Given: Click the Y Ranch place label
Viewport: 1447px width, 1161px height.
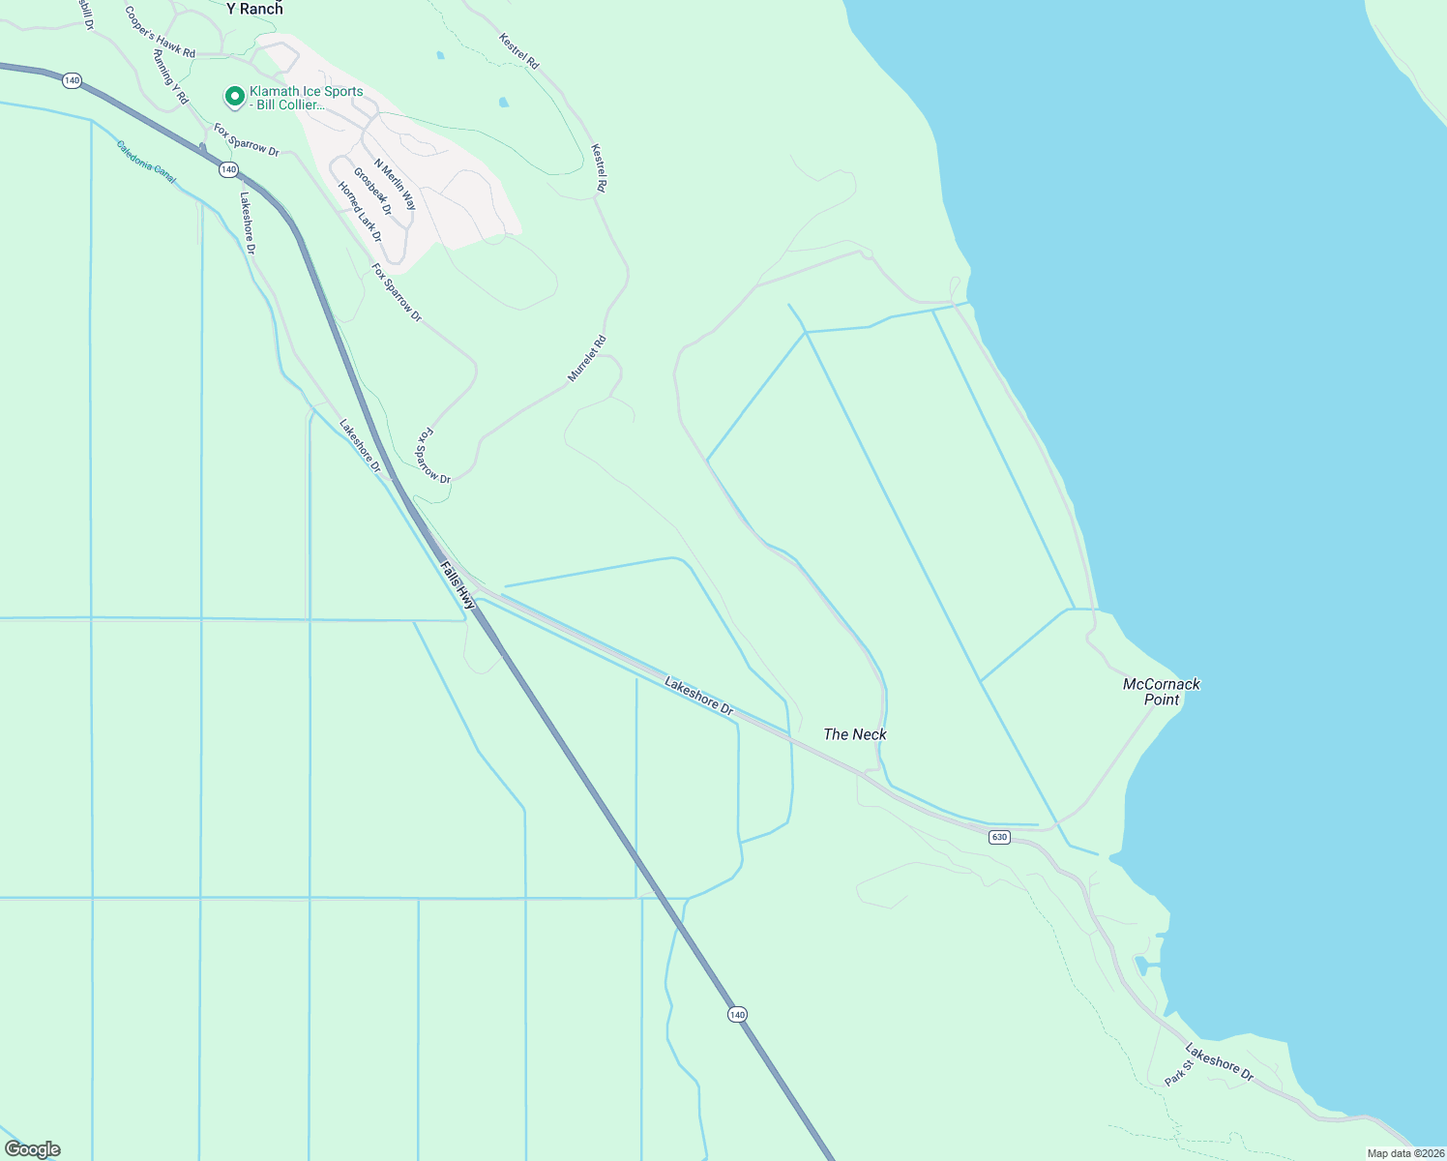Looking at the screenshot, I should (x=254, y=9).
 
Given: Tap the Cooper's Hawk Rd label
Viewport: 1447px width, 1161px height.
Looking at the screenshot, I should (x=160, y=32).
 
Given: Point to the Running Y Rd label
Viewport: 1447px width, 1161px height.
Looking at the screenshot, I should (x=170, y=77).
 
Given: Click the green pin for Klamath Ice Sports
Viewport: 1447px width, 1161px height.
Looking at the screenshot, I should (x=234, y=97).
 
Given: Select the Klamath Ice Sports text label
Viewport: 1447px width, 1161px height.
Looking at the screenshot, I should (x=306, y=98).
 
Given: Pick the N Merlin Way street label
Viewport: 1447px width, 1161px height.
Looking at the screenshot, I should (x=395, y=185).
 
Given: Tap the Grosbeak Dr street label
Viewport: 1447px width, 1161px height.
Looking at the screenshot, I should (x=372, y=191).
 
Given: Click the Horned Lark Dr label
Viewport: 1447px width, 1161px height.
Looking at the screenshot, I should (x=360, y=212).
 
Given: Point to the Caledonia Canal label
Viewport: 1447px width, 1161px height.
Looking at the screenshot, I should (x=147, y=162).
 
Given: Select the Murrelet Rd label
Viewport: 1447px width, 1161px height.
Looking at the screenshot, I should (x=587, y=358).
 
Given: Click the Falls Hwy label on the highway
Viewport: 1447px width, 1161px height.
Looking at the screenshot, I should (x=458, y=584).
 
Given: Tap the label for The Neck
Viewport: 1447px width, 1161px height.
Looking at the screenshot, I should (x=855, y=734).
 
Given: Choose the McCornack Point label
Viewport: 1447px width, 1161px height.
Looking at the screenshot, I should (x=1162, y=692).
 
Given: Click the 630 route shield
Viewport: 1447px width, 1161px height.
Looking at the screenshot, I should (x=999, y=837).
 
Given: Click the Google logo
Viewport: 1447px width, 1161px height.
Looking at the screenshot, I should (x=33, y=1149).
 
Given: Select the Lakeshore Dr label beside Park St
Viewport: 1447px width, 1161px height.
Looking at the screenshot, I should (x=1220, y=1062).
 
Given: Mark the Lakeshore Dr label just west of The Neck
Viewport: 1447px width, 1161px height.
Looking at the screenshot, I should (x=699, y=697).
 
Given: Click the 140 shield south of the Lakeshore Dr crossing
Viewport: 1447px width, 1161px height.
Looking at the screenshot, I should (x=738, y=1014).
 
